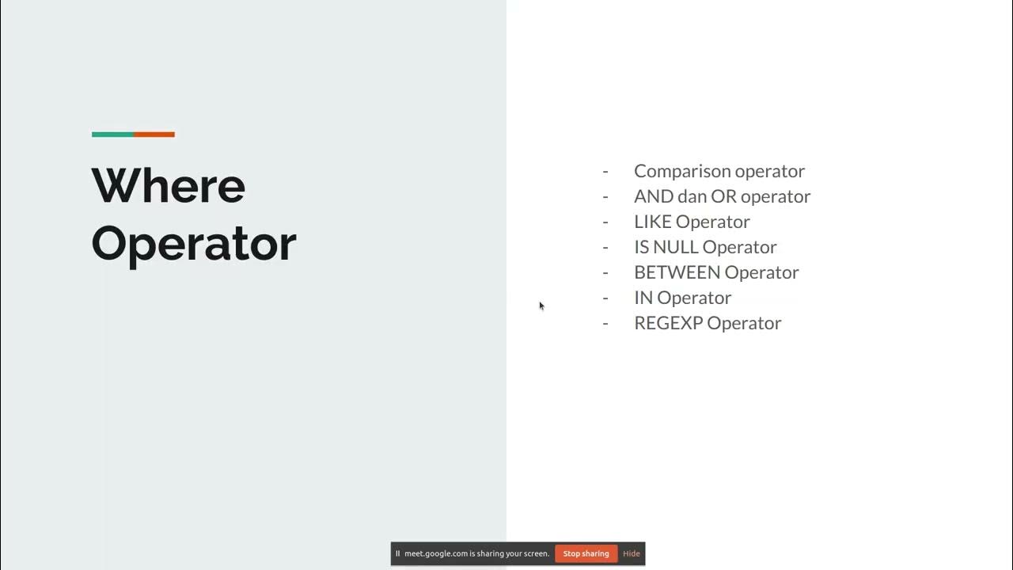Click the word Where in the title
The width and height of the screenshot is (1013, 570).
click(169, 185)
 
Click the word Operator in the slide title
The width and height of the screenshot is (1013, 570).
click(194, 243)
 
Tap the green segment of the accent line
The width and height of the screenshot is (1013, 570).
click(112, 135)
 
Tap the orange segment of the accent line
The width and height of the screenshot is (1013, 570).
click(154, 135)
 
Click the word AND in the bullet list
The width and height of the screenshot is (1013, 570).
click(653, 196)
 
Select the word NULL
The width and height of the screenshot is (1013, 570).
click(676, 247)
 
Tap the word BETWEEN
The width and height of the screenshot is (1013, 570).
click(677, 272)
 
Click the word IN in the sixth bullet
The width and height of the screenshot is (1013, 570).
click(643, 298)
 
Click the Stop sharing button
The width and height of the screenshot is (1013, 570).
click(586, 553)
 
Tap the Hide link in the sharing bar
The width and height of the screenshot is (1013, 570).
click(632, 553)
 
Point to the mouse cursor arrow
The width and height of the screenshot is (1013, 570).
click(541, 306)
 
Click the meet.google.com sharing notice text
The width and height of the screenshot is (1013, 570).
click(476, 553)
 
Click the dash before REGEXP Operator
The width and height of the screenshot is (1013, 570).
click(605, 323)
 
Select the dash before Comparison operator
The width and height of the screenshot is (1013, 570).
click(605, 171)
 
